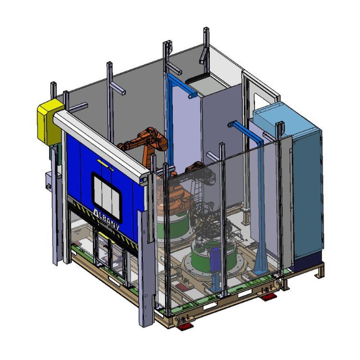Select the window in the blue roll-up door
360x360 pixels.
pyautogui.click(x=106, y=196)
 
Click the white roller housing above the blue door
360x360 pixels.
pyautogui.click(x=101, y=145)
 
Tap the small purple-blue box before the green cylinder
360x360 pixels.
pyautogui.click(x=216, y=258)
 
